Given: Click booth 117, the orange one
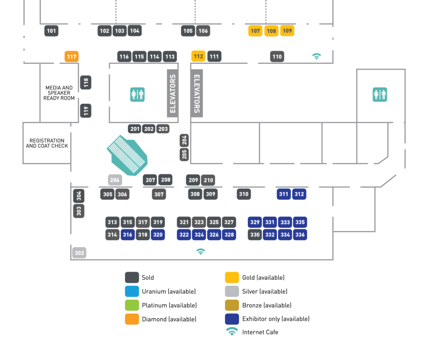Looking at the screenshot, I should tap(71, 56).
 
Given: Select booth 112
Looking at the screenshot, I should tap(198, 56).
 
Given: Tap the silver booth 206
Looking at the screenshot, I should tap(115, 180).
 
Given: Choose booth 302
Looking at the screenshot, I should tap(79, 253).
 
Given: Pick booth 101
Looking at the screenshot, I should tap(51, 31).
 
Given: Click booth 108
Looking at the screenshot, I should tap(271, 31).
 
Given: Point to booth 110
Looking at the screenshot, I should tap(277, 56).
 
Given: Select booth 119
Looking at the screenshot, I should tap(86, 111).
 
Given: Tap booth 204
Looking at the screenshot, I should tap(184, 141).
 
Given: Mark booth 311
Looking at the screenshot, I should tap(284, 194).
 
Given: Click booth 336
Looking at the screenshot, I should tap(300, 235).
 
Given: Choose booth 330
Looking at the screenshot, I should tap(255, 235).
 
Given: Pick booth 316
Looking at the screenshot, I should tap(127, 235).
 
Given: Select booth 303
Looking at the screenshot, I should tap(79, 211).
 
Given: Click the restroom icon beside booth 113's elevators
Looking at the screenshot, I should tap(137, 95).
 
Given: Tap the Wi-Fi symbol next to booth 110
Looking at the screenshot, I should tap(317, 56).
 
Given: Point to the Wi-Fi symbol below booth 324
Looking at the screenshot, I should tap(200, 251).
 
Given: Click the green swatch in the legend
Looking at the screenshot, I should tap(132, 305).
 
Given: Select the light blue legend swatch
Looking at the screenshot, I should tap(132, 291).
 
